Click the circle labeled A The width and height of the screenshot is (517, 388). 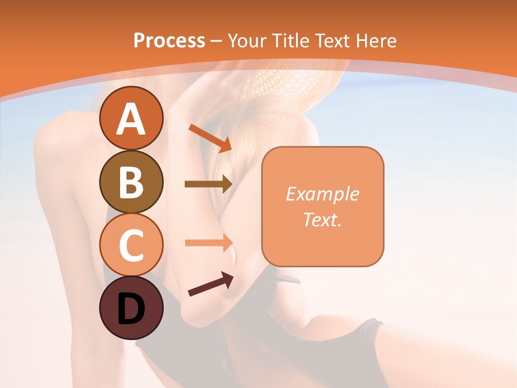(131, 118)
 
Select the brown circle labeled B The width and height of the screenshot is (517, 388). (131, 182)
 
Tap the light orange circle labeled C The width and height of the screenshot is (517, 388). (131, 245)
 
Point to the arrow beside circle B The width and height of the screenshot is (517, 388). (208, 184)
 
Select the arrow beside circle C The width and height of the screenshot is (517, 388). (208, 242)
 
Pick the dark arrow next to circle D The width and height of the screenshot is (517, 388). (211, 284)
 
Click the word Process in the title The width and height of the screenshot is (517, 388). (169, 40)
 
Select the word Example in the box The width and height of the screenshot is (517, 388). (323, 194)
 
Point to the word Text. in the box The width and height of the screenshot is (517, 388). (323, 219)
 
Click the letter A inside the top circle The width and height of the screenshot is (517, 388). (131, 119)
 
